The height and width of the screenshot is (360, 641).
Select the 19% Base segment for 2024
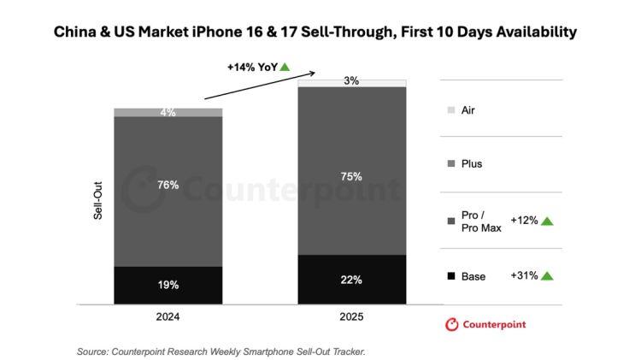pos(168,285)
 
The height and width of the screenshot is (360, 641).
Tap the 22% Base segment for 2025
pos(351,279)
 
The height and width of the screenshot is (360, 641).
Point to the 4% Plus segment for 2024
pos(168,112)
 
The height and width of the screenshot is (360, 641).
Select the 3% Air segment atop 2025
pos(351,82)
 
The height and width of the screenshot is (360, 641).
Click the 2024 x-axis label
pos(168,316)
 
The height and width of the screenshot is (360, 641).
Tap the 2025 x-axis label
pos(351,316)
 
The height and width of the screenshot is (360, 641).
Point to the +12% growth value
pos(524,221)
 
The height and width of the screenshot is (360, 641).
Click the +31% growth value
pos(524,275)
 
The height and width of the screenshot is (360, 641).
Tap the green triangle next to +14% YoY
pos(285,67)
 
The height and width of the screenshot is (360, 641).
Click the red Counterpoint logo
pos(485,324)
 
